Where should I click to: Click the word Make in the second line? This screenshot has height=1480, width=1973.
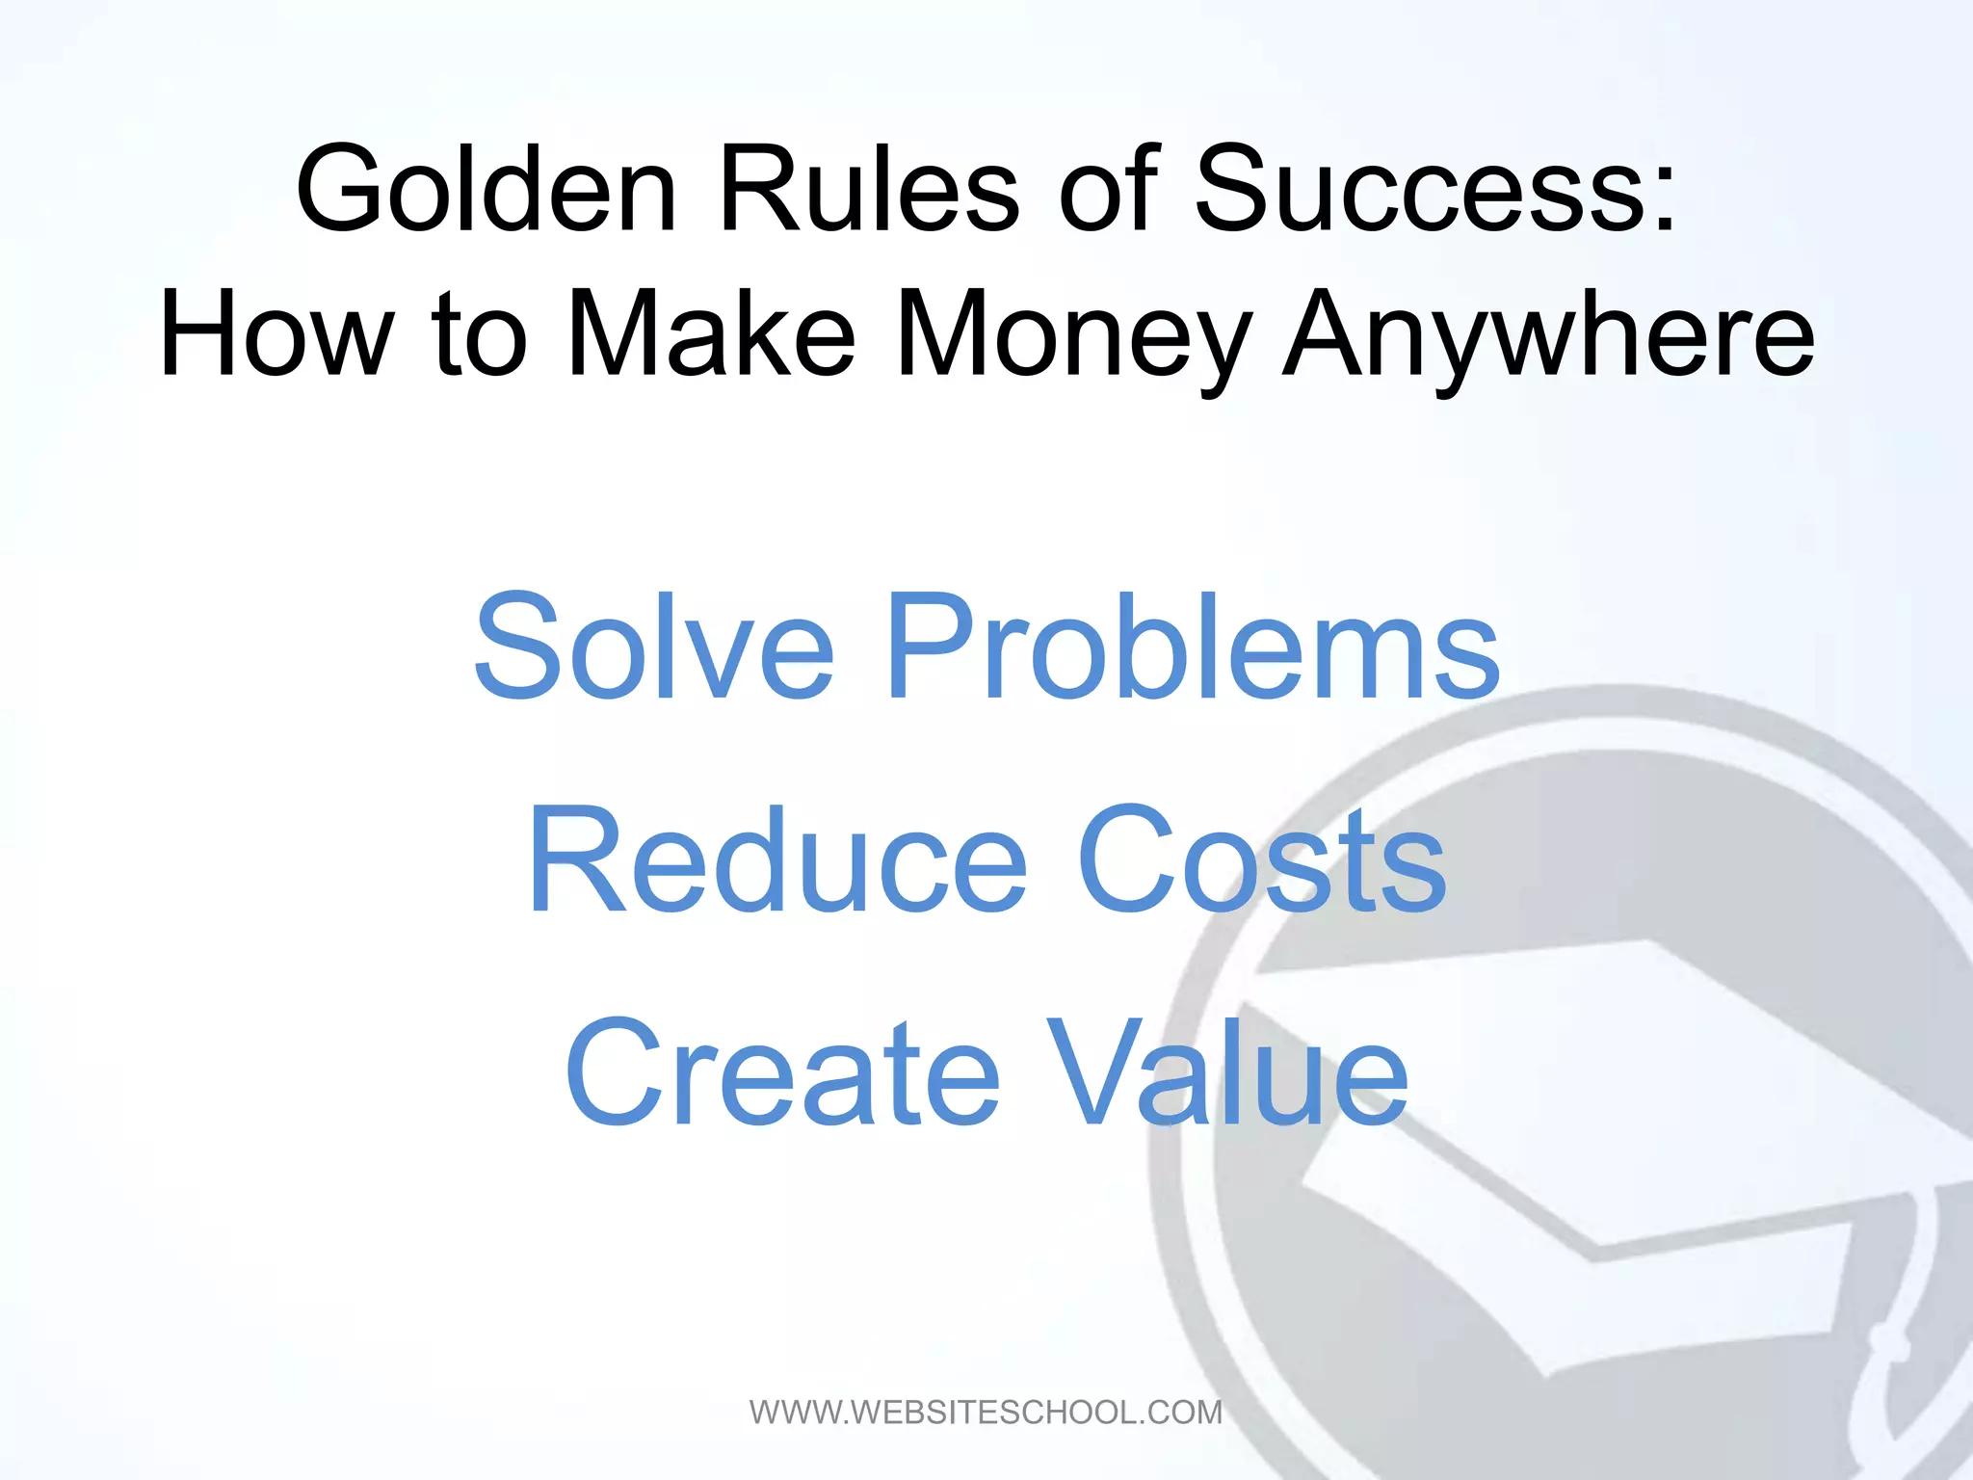point(711,334)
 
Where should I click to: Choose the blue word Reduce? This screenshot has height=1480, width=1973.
point(778,859)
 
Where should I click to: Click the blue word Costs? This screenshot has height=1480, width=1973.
point(1261,859)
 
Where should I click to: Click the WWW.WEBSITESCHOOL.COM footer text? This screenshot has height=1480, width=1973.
point(986,1413)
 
